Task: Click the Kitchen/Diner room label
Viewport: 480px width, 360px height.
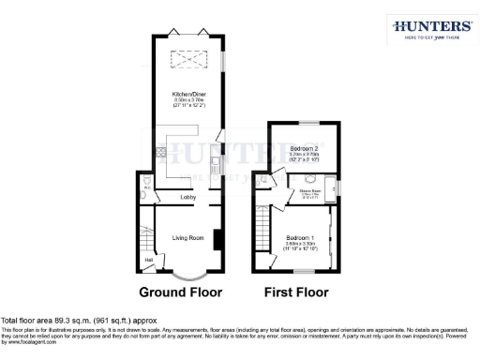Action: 183,95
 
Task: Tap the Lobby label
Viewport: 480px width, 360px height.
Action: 187,198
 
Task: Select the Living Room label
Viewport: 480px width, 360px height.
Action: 188,238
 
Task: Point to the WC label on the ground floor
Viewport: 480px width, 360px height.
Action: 147,187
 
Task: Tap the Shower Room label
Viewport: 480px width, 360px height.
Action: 311,191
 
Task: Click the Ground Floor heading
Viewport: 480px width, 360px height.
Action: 181,292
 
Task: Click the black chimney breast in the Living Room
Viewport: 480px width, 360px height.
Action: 217,239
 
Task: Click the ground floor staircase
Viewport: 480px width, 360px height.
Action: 147,234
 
